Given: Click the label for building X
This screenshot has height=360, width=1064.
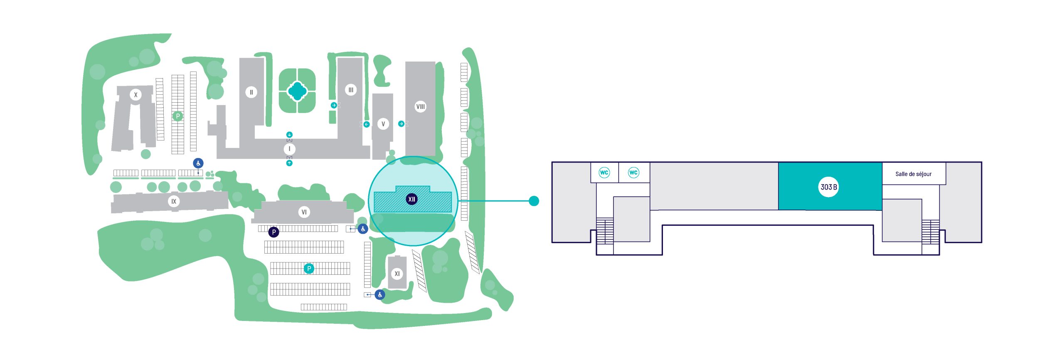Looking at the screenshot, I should coord(135,95).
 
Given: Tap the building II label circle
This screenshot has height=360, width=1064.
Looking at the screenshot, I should coord(251,92).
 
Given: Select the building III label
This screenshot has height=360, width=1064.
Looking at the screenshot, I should coord(351,90).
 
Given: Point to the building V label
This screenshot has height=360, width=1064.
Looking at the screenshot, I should coord(383,124).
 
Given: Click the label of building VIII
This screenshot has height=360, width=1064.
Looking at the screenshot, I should coord(421,107).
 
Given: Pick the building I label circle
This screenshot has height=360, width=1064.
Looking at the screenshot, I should coord(290,149).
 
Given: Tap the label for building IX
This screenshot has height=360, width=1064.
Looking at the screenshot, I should coord(174,202).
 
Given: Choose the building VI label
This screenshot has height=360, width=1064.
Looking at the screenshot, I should coord(304,212).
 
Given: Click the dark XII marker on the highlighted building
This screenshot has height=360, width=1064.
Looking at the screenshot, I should coord(411,199).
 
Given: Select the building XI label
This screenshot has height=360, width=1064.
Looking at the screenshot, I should coord(397,274).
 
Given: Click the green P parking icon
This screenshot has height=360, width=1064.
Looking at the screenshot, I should coord(178,116).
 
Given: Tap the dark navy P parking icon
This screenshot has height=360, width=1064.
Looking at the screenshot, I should coord(273,232).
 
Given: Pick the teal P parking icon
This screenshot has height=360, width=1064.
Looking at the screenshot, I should coord(309,269).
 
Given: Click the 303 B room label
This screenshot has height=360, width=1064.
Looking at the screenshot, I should coord(829,187).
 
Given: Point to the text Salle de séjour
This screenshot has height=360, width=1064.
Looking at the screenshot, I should coord(913,174).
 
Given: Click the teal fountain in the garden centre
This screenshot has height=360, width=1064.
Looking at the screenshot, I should coord(297,91).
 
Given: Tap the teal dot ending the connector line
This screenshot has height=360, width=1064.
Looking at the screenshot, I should coord(534,201).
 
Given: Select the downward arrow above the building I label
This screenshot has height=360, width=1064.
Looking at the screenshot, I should coord(289,135).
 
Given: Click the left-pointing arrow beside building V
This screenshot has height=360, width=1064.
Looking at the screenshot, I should coord(367,124).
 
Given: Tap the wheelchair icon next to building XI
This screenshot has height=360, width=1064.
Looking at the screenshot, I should coord(380,295).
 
